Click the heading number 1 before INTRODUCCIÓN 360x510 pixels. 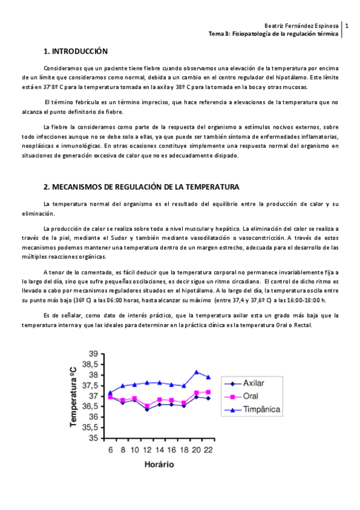[x=46, y=51]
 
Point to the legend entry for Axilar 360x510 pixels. [x=255, y=383]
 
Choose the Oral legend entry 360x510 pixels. [x=251, y=396]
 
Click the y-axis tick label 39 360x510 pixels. [x=93, y=354]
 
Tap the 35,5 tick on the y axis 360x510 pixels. [x=90, y=428]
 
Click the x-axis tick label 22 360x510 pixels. [x=208, y=449]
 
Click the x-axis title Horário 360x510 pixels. [x=159, y=464]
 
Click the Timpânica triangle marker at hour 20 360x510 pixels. [x=196, y=372]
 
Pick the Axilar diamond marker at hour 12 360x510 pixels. [x=147, y=409]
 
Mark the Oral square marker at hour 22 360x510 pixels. [x=208, y=392]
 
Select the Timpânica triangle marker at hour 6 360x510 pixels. [x=110, y=393]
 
